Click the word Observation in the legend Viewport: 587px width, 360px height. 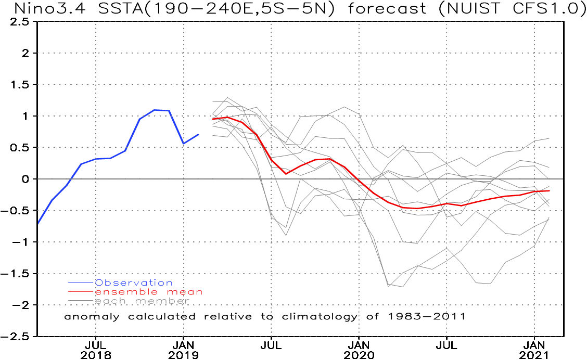point(134,283)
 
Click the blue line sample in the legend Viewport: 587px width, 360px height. point(81,283)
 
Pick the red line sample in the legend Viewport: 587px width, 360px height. point(81,292)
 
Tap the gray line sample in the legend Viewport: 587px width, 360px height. point(81,301)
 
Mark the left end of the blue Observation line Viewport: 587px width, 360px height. point(38,224)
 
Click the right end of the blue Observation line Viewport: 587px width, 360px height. point(198,134)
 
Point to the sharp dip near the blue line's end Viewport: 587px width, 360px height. point(184,143)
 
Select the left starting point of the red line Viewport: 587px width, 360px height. point(213,119)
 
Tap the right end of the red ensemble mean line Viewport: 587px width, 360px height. point(550,190)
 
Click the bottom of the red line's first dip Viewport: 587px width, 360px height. point(287,173)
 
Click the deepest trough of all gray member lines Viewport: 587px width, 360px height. point(389,286)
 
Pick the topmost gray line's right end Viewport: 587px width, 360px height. point(550,138)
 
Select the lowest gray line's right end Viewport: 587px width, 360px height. point(550,217)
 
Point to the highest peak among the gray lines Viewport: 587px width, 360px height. point(227,97)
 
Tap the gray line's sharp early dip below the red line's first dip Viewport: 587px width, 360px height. point(286,235)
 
